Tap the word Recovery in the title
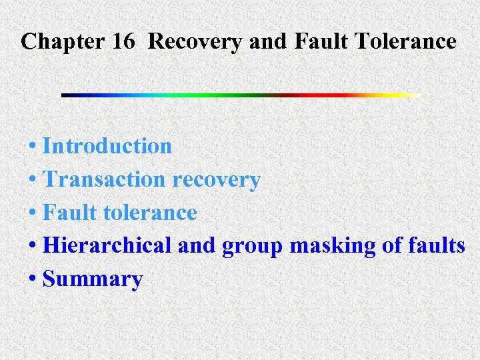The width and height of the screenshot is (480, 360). point(195,42)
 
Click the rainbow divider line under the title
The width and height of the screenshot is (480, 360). point(240,95)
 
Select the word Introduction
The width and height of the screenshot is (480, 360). point(107,145)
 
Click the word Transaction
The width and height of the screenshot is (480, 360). point(105,179)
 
